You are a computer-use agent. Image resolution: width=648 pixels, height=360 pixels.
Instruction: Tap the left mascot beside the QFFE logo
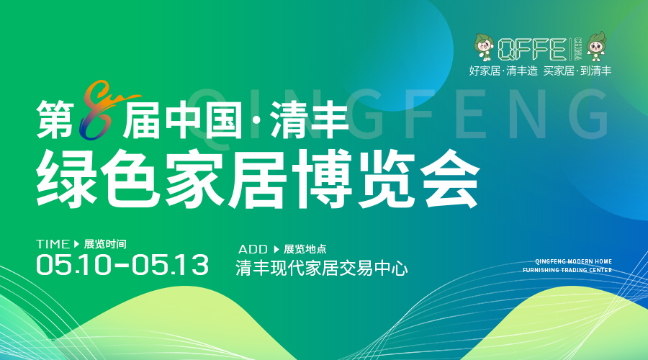(485, 47)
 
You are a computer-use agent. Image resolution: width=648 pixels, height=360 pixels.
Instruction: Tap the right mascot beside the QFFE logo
(597, 46)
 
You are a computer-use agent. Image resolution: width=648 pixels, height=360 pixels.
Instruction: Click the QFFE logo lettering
(532, 49)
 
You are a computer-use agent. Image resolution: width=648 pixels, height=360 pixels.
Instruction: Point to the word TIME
(53, 244)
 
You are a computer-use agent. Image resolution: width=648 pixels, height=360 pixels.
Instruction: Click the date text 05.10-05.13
(122, 264)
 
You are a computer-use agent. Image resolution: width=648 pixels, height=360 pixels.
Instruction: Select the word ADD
(253, 249)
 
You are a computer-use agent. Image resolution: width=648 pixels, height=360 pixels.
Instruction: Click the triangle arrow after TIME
(76, 244)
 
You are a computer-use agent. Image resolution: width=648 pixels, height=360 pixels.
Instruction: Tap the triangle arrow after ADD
(276, 249)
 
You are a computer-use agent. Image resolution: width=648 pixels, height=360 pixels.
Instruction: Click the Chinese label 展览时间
(105, 244)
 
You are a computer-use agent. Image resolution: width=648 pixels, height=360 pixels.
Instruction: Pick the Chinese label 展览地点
(305, 249)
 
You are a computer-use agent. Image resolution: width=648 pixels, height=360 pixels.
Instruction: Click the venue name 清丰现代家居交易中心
(322, 269)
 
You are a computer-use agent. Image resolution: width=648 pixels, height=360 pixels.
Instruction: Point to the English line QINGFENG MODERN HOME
(574, 261)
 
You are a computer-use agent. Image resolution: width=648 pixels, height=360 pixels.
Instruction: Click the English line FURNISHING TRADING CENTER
(567, 270)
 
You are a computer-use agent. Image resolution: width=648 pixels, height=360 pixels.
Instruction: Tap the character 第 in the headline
(55, 120)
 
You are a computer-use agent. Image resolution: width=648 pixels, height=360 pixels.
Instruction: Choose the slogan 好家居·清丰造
(503, 71)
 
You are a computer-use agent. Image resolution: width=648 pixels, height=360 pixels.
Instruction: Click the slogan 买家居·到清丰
(577, 71)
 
